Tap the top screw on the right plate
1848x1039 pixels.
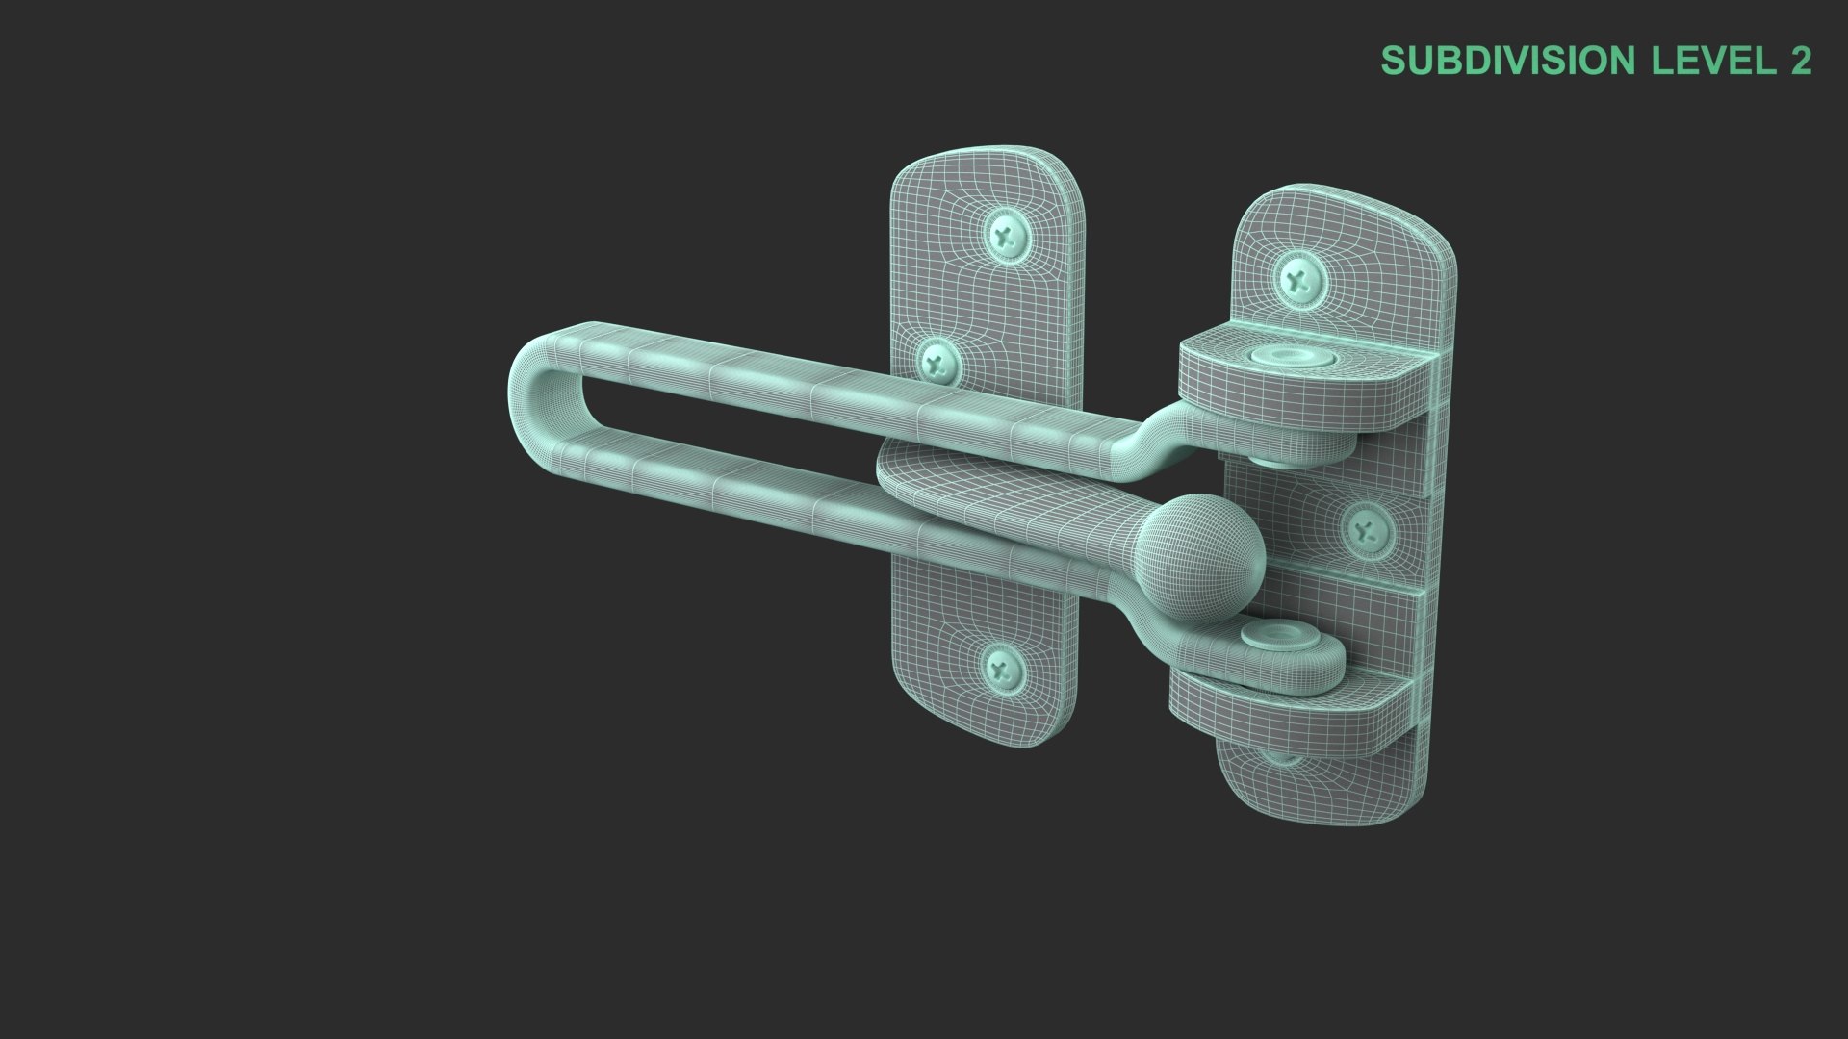coord(1299,280)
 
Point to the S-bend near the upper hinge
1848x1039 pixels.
coord(1155,443)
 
